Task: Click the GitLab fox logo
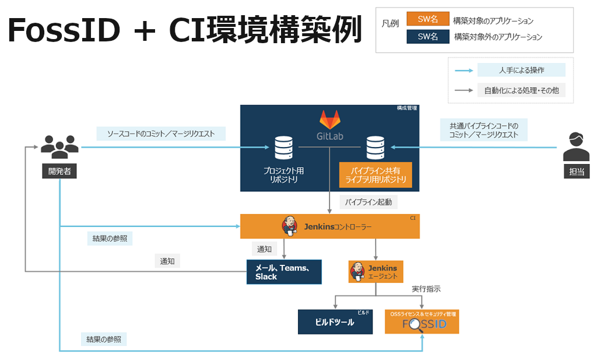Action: click(329, 121)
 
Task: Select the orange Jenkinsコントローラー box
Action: click(330, 226)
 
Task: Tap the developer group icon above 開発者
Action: click(59, 147)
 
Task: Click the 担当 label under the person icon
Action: click(576, 171)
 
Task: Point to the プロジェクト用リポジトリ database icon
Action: click(283, 148)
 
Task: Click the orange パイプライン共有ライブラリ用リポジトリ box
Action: click(375, 175)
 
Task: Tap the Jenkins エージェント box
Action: click(376, 271)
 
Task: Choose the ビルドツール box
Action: click(335, 322)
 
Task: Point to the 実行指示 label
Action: click(426, 289)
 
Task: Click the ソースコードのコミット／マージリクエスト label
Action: click(161, 134)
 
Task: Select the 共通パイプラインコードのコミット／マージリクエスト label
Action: click(483, 130)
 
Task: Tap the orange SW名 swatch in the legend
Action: click(427, 19)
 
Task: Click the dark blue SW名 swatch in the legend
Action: click(427, 37)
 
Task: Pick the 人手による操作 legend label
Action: click(521, 70)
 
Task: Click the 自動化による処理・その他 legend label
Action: click(521, 90)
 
